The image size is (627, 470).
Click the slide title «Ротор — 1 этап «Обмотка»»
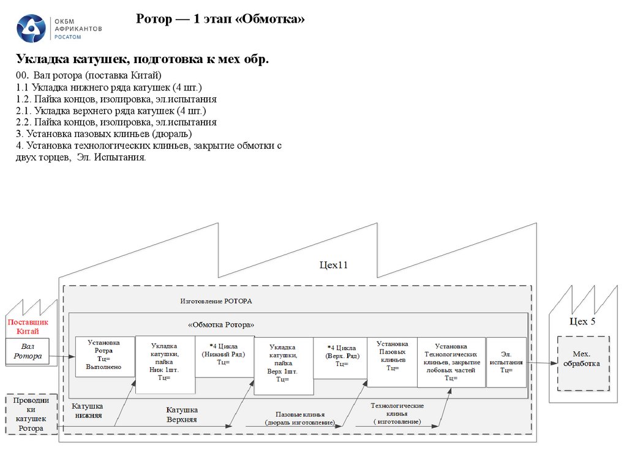[x=220, y=20]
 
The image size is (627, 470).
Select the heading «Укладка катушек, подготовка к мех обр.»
[x=142, y=59]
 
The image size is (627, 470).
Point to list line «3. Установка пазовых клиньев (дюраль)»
[x=105, y=133]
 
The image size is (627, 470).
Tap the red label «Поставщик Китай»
[x=28, y=326]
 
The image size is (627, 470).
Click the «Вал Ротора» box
[x=28, y=352]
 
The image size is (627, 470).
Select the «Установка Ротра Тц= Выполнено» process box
[x=104, y=356]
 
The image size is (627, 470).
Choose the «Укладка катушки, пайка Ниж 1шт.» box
[x=165, y=365]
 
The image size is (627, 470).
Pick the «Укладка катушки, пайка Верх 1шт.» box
[x=282, y=365]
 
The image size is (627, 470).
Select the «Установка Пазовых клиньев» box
[x=392, y=361]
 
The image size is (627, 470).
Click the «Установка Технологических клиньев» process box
[x=451, y=362]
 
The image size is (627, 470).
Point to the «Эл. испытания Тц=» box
[x=506, y=362]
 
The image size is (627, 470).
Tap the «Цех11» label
[x=334, y=265]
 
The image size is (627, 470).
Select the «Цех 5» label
[x=582, y=322]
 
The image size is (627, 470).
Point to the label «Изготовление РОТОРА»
[x=216, y=302]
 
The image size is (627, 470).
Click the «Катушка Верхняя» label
[x=182, y=414]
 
